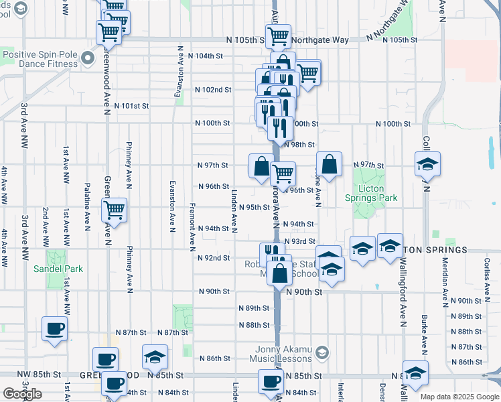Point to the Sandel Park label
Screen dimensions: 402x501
pos(58,269)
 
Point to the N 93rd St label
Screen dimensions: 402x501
pos(299,241)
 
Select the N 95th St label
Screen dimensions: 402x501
pos(254,208)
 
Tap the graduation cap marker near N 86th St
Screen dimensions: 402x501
pos(155,356)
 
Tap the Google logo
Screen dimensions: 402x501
pos(22,394)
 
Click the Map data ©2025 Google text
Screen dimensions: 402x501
pos(459,397)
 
